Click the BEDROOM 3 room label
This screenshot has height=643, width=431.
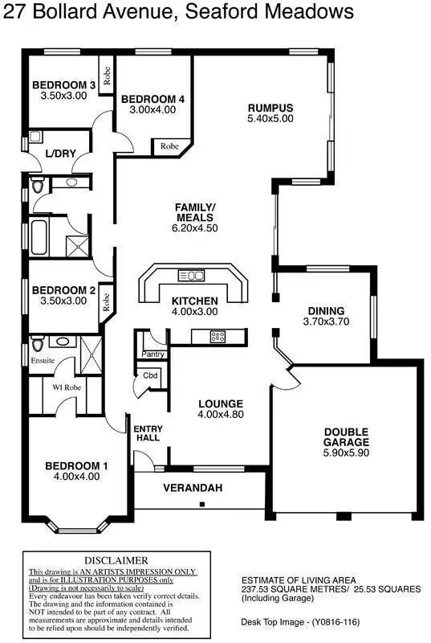point(64,85)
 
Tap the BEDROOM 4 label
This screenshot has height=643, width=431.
point(152,99)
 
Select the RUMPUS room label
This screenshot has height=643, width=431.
point(270,108)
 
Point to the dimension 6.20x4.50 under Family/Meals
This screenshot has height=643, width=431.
point(195,227)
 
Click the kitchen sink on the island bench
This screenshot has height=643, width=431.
point(191,276)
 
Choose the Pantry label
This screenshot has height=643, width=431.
point(152,354)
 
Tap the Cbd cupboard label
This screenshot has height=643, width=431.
point(151,375)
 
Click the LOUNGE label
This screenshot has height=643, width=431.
point(220,403)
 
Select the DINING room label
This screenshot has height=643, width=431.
point(326,311)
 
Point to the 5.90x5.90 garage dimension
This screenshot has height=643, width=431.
point(346,453)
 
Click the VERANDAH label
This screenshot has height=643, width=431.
point(193,488)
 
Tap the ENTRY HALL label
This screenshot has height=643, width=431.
point(147,432)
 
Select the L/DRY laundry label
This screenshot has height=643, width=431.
point(59,153)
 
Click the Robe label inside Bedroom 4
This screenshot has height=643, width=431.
point(169,146)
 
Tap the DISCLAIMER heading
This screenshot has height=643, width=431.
point(116,559)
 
